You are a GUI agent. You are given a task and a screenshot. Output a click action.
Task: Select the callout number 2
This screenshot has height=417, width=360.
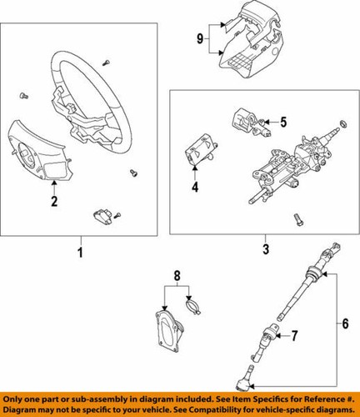tap(53, 202)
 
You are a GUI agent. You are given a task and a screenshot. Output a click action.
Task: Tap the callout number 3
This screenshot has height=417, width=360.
tap(264, 249)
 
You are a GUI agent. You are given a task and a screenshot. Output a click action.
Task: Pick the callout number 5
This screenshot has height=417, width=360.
tap(282, 123)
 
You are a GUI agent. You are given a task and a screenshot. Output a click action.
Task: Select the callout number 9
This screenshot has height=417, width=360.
tap(200, 38)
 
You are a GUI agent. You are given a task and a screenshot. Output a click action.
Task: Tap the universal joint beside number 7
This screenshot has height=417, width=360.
tap(271, 338)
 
